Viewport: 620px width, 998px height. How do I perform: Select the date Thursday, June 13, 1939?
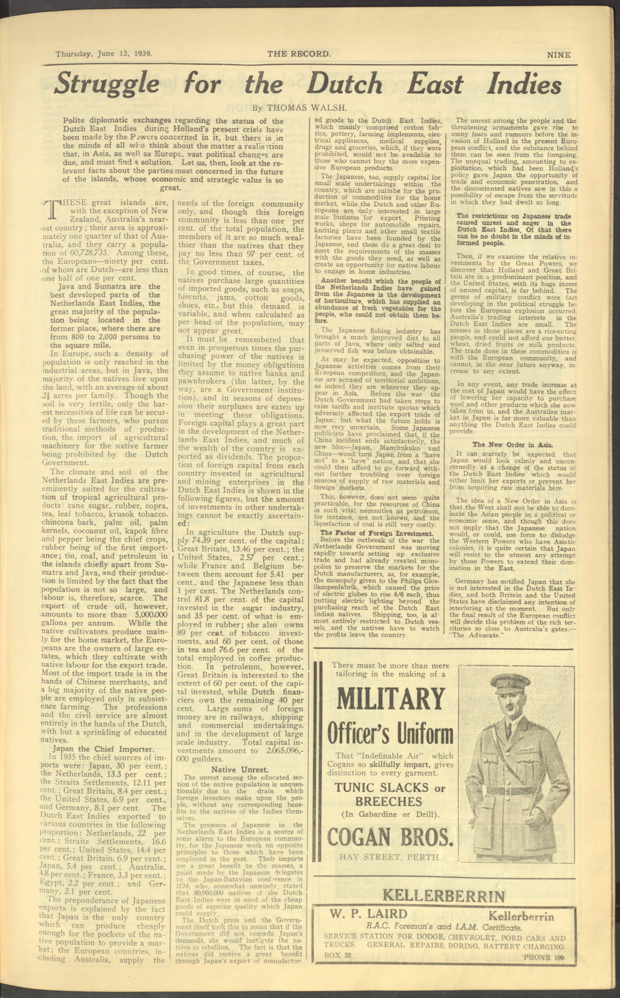(x=104, y=54)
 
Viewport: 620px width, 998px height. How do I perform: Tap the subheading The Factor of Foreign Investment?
(x=376, y=533)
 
